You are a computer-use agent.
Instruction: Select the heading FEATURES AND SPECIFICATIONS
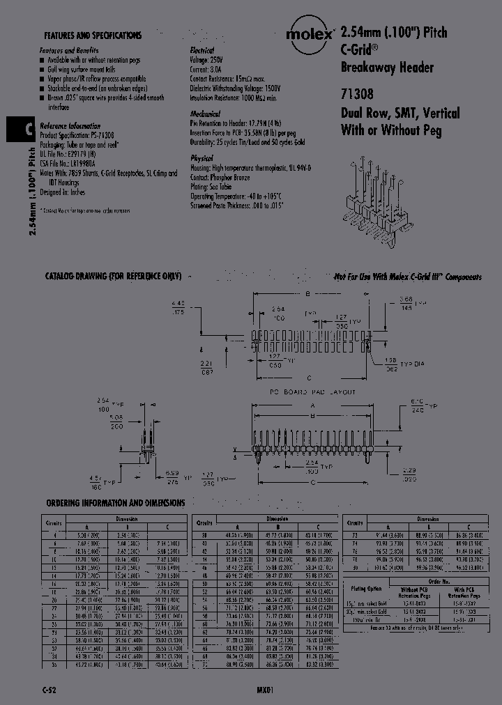[x=93, y=36]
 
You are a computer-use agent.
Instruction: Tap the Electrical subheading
[x=206, y=52]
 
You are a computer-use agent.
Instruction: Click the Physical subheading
[x=203, y=158]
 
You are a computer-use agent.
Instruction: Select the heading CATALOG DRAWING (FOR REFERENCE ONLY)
[x=113, y=277]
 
